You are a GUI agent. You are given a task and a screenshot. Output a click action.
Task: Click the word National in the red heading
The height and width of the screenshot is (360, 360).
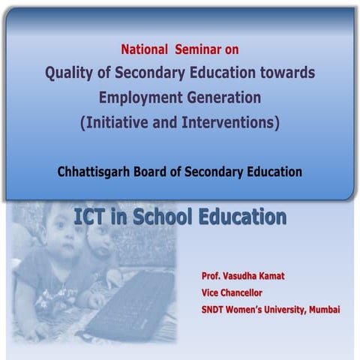(x=145, y=50)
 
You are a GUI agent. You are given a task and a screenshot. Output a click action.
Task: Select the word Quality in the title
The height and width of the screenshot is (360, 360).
(x=70, y=73)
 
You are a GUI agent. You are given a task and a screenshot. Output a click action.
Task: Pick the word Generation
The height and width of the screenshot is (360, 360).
(x=223, y=97)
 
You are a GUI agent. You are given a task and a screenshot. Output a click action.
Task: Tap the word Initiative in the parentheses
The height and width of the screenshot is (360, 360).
(x=118, y=122)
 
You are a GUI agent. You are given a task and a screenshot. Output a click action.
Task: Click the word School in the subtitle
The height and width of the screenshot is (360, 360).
(x=160, y=217)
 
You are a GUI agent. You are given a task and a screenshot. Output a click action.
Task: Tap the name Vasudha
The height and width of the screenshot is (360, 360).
(x=247, y=276)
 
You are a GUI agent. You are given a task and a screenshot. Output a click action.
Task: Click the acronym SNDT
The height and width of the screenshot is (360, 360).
(x=216, y=309)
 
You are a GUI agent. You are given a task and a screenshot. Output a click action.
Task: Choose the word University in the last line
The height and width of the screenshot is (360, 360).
(x=276, y=309)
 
